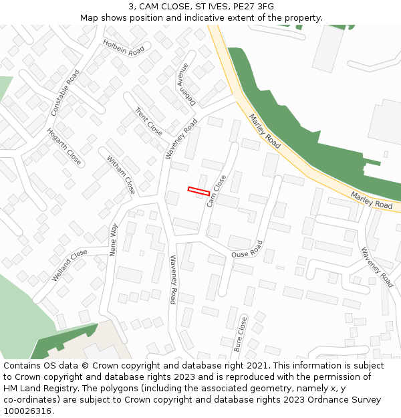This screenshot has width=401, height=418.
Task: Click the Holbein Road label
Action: tap(124, 47)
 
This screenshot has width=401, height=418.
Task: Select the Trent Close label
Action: tap(149, 121)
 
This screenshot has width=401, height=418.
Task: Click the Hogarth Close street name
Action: tap(63, 147)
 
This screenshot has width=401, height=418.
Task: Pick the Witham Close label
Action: tap(121, 175)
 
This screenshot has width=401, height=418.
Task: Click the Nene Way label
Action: tap(114, 239)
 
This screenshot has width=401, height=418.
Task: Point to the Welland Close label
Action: tap(70, 265)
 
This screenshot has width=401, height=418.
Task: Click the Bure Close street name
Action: tap(240, 334)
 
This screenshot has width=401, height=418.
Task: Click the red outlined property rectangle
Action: tap(198, 191)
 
